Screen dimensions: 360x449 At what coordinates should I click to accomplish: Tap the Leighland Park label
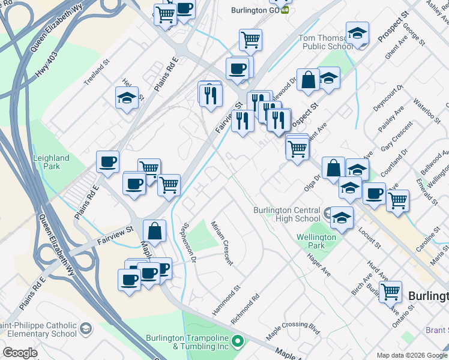[52, 162]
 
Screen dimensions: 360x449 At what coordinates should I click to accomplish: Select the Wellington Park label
[316, 241]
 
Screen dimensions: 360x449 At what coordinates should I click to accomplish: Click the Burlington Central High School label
[287, 214]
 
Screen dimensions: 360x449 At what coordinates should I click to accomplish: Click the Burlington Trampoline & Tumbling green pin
[238, 342]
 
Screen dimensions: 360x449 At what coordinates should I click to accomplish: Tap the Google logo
[20, 353]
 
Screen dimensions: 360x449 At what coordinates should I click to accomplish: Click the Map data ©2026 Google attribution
[411, 355]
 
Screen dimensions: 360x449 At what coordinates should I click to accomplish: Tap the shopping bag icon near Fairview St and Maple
[155, 232]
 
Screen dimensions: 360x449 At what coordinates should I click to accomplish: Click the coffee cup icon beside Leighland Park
[108, 162]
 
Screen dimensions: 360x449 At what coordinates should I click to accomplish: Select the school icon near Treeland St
[127, 98]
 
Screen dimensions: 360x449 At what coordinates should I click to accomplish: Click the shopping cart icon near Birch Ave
[391, 292]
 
